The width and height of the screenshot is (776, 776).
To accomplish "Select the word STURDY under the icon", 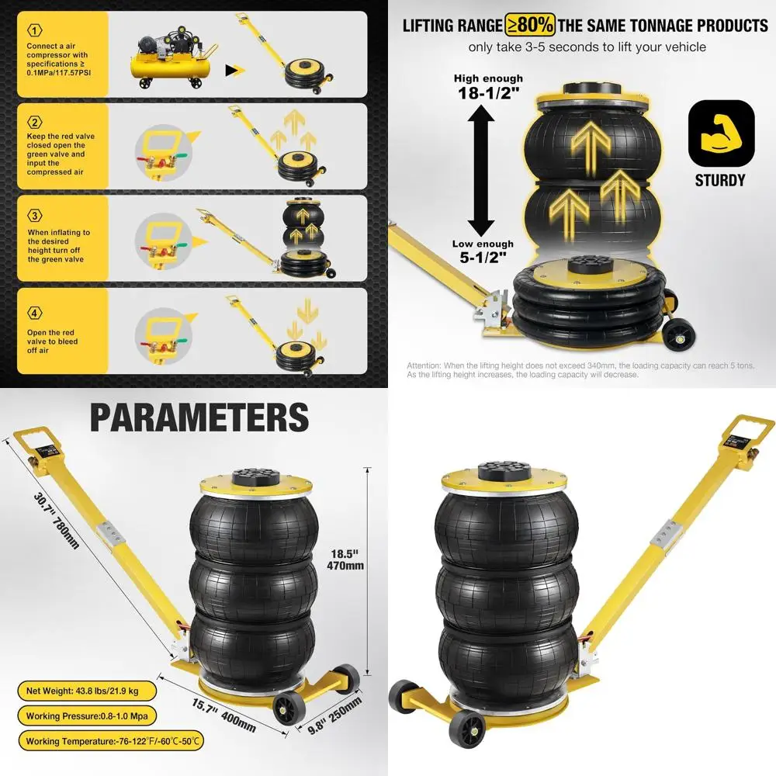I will [x=720, y=180].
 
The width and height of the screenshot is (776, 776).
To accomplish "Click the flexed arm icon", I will [x=721, y=133].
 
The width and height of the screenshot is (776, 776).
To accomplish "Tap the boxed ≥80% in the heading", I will [x=532, y=25].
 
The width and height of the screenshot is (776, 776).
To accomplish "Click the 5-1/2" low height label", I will [x=483, y=250].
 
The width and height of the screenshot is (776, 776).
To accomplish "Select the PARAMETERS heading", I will [x=199, y=417].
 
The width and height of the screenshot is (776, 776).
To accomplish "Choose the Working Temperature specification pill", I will [x=112, y=741].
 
